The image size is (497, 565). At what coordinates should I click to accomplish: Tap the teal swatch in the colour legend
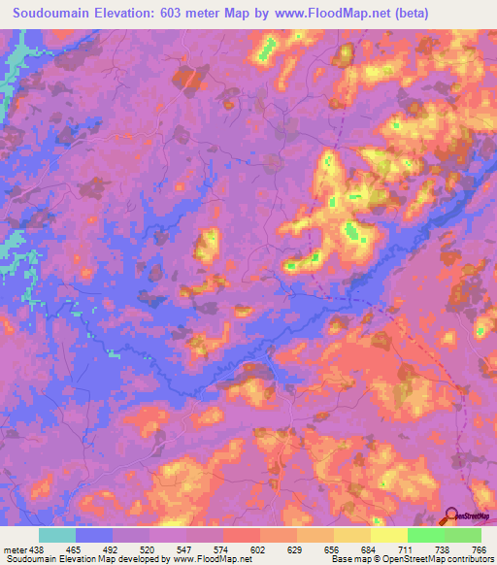57,535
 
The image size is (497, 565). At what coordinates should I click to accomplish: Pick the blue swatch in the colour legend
94,535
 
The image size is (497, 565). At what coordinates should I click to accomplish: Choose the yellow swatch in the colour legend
351,535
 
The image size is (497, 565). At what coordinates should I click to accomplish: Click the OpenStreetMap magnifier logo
450,516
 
